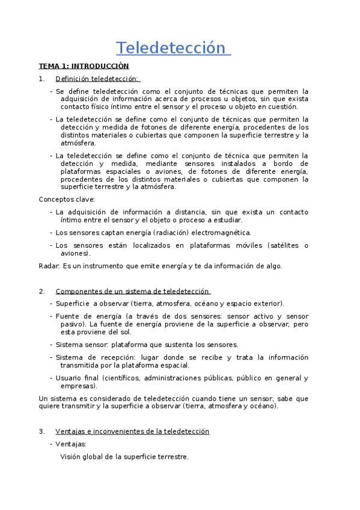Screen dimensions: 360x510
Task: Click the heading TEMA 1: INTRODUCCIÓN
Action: coord(84,66)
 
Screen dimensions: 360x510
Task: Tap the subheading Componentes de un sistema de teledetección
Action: coord(132,291)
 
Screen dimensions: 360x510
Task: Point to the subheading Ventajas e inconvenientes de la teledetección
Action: coord(132,431)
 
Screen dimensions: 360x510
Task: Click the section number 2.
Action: coord(41,291)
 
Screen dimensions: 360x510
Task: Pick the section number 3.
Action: coord(41,431)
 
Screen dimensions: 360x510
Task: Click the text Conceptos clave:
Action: coord(67,199)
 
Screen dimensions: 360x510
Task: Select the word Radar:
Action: coord(49,266)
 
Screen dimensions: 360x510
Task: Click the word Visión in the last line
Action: coord(72,456)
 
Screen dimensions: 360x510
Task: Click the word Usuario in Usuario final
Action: coord(69,378)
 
